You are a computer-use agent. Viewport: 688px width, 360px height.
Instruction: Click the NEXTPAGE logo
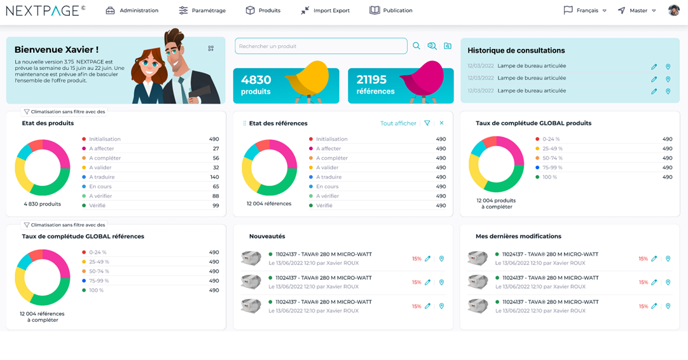click(x=45, y=10)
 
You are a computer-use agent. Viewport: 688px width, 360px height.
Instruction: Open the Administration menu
click(x=132, y=11)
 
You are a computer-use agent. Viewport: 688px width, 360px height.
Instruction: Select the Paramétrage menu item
click(x=202, y=11)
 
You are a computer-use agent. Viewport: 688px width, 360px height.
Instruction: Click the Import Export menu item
click(x=325, y=11)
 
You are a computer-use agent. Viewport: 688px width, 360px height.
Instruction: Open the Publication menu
click(x=391, y=11)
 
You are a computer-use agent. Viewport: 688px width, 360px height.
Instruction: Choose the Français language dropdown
click(x=586, y=11)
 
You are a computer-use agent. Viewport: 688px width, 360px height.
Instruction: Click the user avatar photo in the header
click(x=674, y=10)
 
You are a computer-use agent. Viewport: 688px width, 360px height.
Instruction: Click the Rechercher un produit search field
click(x=320, y=46)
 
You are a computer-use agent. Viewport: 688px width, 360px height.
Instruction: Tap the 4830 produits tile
click(x=286, y=85)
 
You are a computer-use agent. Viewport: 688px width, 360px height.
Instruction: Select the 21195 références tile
click(x=401, y=85)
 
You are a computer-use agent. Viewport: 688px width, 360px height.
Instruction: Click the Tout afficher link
click(x=398, y=123)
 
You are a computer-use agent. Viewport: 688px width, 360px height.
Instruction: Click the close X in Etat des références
click(x=441, y=123)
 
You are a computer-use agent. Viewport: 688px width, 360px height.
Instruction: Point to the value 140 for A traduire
click(x=214, y=177)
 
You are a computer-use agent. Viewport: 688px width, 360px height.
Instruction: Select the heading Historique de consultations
click(x=516, y=51)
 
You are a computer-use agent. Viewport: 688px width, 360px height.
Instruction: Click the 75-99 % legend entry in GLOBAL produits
click(x=552, y=168)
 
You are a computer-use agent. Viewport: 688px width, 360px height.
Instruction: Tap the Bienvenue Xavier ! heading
click(x=56, y=50)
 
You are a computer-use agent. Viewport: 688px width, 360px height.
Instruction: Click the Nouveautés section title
click(x=267, y=237)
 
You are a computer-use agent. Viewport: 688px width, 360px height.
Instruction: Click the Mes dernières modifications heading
click(x=518, y=237)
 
